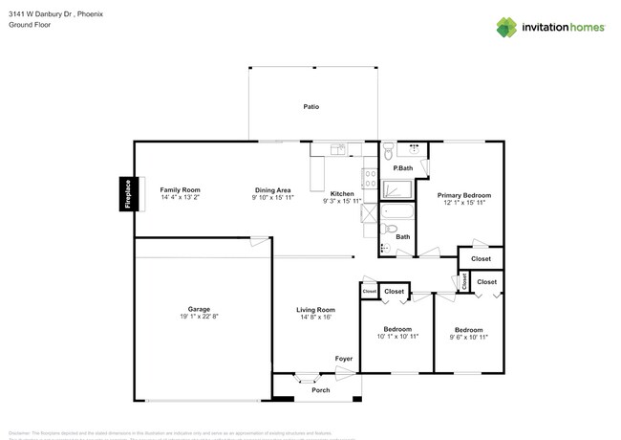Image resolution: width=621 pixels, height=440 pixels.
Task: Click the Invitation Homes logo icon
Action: (506, 27)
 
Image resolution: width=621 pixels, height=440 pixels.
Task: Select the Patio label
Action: (310, 106)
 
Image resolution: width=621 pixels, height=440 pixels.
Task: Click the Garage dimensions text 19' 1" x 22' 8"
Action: (199, 317)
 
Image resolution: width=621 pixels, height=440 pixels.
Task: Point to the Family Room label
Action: (180, 190)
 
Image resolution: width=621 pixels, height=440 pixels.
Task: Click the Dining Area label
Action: (273, 190)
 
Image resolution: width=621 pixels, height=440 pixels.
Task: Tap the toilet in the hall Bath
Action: (391, 230)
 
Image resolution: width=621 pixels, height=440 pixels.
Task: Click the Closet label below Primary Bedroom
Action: (481, 258)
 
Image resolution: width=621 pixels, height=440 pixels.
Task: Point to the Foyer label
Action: (343, 359)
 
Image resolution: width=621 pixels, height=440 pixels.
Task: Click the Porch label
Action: (320, 390)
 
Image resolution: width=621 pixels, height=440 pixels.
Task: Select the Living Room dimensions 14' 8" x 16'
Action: (314, 317)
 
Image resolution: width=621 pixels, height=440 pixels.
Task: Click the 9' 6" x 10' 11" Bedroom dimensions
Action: (469, 337)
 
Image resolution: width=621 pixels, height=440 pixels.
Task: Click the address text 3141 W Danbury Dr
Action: (38, 14)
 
